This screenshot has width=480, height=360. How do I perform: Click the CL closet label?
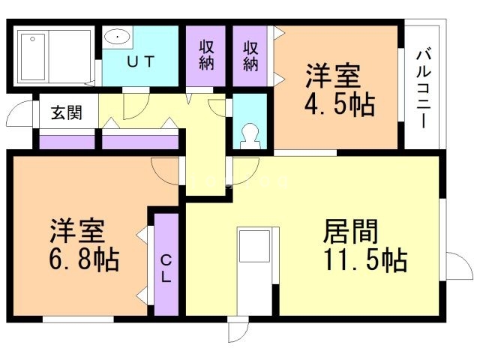pos(166,268)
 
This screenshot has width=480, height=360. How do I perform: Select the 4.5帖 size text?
pos(339,104)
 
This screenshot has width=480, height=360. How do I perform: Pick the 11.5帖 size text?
pos(365,260)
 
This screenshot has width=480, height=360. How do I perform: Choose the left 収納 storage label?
pos(207,54)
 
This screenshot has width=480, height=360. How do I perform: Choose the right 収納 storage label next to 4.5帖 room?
pos(250,54)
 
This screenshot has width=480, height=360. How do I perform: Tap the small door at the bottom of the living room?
pos(238,329)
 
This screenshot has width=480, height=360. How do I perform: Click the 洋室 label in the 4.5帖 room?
pos(333,76)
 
